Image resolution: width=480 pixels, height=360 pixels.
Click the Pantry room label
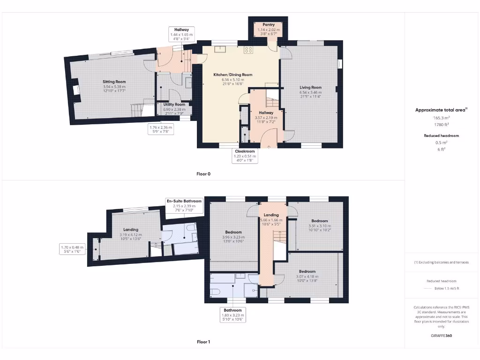(x=268, y=24)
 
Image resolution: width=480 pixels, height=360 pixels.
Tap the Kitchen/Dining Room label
(x=233, y=75)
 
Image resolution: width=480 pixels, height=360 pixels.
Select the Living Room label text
(x=310, y=87)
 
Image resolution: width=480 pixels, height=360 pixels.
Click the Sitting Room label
(x=114, y=82)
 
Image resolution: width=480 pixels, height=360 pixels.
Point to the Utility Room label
(x=174, y=104)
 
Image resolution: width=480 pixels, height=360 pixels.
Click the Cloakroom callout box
(x=245, y=156)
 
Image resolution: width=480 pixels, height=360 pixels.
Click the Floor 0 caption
(x=203, y=174)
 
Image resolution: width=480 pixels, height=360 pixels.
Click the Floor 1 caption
(x=203, y=342)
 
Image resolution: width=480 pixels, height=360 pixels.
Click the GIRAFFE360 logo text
(x=441, y=336)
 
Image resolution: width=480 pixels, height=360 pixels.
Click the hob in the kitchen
(x=248, y=49)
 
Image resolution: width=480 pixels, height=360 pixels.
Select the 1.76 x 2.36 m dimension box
(x=161, y=129)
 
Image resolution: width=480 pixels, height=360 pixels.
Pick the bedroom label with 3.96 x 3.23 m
(x=233, y=232)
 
